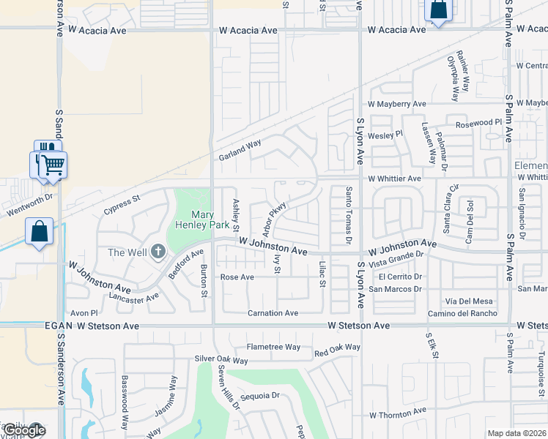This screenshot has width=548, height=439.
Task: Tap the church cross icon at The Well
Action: tap(158, 252)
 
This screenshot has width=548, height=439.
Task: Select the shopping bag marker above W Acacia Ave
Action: tap(437, 10)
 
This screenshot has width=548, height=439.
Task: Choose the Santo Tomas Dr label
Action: tap(348, 215)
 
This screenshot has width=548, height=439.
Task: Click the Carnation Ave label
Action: tap(273, 313)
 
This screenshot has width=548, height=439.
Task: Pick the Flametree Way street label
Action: tap(273, 347)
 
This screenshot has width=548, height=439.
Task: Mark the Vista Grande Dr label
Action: tap(397, 258)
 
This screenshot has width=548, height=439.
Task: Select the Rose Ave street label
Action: tap(237, 277)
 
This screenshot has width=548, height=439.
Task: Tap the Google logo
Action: tap(24, 430)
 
